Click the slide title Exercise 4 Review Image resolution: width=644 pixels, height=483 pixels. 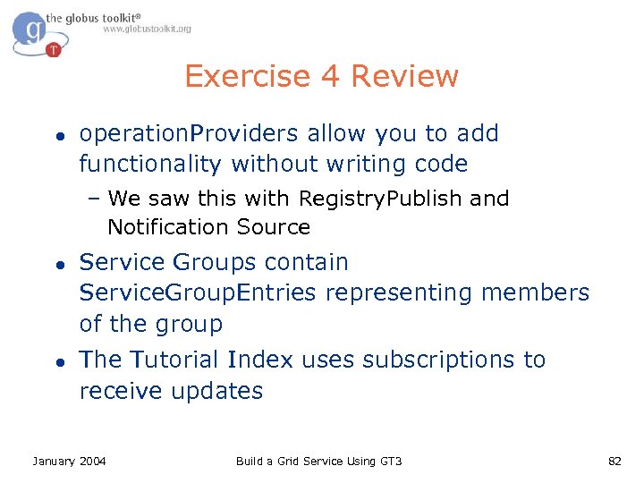point(321,76)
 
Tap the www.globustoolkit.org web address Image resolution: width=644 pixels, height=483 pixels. point(147,29)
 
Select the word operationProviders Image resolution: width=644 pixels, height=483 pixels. point(189,134)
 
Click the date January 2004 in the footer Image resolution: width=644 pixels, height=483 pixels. point(69,461)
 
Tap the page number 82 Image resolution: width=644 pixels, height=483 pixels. point(614,461)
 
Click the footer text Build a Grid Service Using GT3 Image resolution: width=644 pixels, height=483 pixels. point(318,461)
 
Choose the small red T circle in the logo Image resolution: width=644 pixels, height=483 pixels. point(54,50)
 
